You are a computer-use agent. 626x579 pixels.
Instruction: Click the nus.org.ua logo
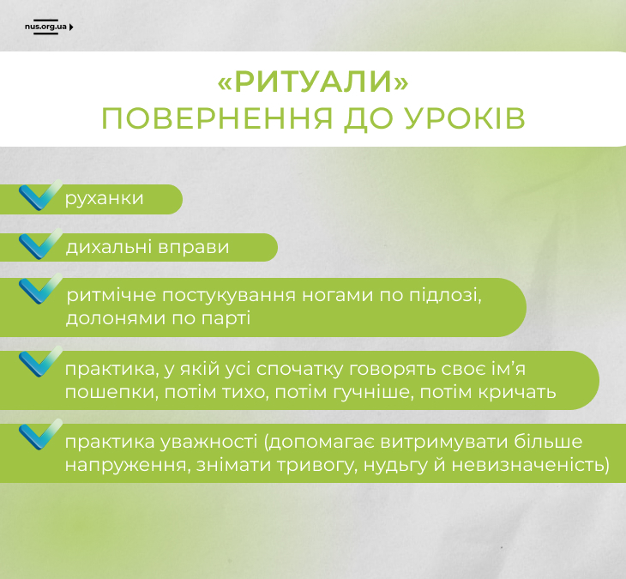49,27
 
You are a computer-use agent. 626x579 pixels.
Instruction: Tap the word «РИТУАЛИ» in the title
313,81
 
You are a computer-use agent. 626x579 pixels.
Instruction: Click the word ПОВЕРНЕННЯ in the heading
217,118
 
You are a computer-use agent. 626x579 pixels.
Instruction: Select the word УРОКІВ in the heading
465,118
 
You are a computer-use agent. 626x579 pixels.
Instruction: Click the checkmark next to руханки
40,196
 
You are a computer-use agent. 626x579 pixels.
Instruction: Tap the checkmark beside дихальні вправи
40,244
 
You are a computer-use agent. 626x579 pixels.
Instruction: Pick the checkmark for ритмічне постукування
40,289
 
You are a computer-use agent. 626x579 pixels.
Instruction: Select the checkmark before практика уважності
40,434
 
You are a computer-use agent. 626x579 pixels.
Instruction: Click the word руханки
105,199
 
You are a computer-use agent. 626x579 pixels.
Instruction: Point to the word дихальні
109,247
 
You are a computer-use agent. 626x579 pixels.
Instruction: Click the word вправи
194,248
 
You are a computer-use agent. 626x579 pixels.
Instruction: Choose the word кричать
517,392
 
